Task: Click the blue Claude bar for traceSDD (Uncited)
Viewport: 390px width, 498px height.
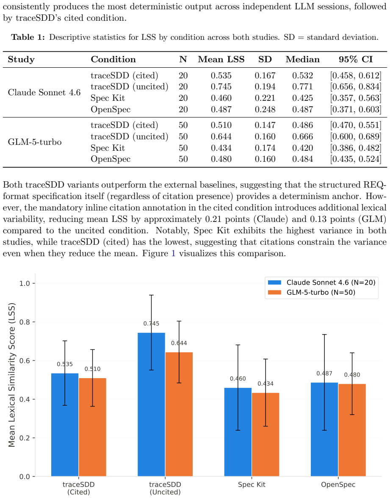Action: tap(151, 404)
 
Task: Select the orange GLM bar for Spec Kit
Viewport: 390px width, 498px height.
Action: tap(266, 434)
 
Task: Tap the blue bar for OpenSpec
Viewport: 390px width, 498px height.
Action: tap(324, 429)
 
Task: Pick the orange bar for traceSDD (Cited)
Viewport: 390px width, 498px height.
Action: tap(92, 427)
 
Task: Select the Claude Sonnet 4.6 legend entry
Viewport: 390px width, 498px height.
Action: tap(321, 282)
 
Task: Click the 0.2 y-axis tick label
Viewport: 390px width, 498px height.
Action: tap(25, 438)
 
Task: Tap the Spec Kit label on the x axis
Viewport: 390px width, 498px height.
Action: tap(252, 484)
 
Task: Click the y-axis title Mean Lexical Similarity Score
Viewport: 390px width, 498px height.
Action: tap(12, 375)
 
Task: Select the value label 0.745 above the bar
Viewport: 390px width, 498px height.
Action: tap(151, 324)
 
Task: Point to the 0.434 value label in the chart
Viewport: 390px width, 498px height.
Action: tap(266, 384)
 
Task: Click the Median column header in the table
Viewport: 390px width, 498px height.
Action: tap(303, 59)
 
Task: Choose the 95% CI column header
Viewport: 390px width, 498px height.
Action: tap(356, 59)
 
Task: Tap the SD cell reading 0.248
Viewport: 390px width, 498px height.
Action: tap(265, 109)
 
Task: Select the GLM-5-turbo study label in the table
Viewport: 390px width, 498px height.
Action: tap(35, 142)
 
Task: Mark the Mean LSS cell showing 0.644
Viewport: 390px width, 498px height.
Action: tap(221, 136)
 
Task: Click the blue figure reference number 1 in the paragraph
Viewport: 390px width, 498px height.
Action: tap(174, 253)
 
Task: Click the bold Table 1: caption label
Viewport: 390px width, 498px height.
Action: tap(28, 37)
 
